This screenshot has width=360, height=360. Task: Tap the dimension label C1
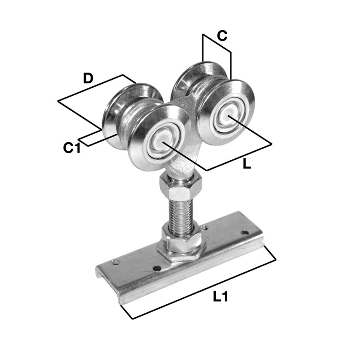click(72, 147)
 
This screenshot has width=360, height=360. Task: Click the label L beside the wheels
click(246, 164)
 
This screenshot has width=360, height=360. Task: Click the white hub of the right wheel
click(229, 116)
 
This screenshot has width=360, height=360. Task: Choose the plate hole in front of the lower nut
click(156, 268)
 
